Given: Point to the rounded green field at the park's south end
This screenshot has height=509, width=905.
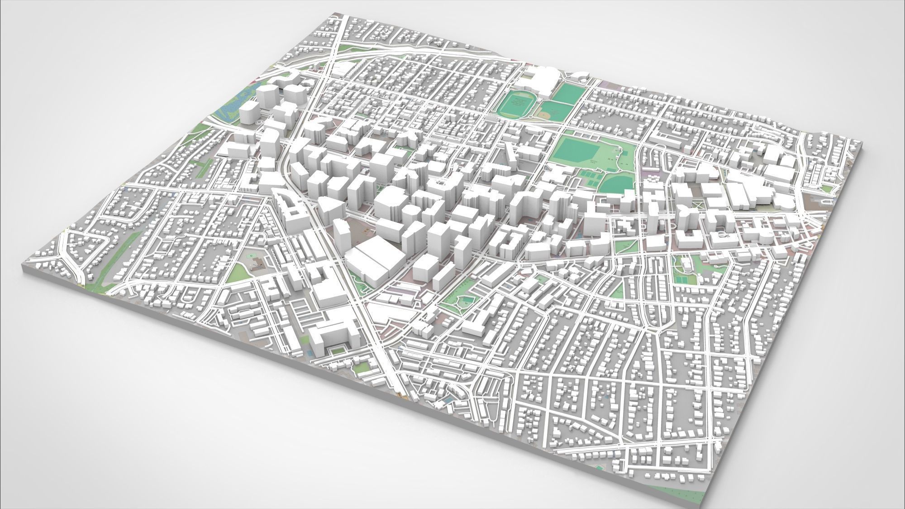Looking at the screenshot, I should [x=617, y=185].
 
